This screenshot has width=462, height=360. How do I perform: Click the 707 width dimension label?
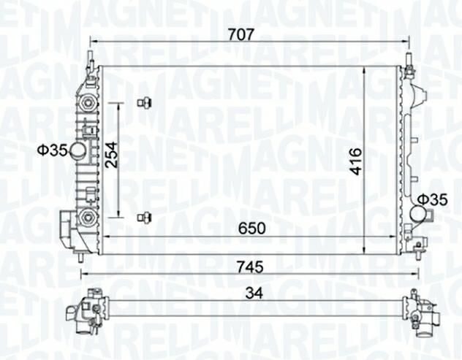(241, 35)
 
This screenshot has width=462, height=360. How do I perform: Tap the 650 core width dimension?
(252, 229)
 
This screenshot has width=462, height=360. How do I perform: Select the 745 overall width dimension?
(250, 267)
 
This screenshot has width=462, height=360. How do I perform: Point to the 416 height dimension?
(356, 161)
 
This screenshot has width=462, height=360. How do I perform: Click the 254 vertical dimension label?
(111, 155)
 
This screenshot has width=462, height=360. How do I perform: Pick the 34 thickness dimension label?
(254, 294)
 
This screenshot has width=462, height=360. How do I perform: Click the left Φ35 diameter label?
(53, 150)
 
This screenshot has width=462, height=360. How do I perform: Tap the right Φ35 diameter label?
(433, 200)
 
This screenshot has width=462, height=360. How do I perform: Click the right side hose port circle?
(418, 214)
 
